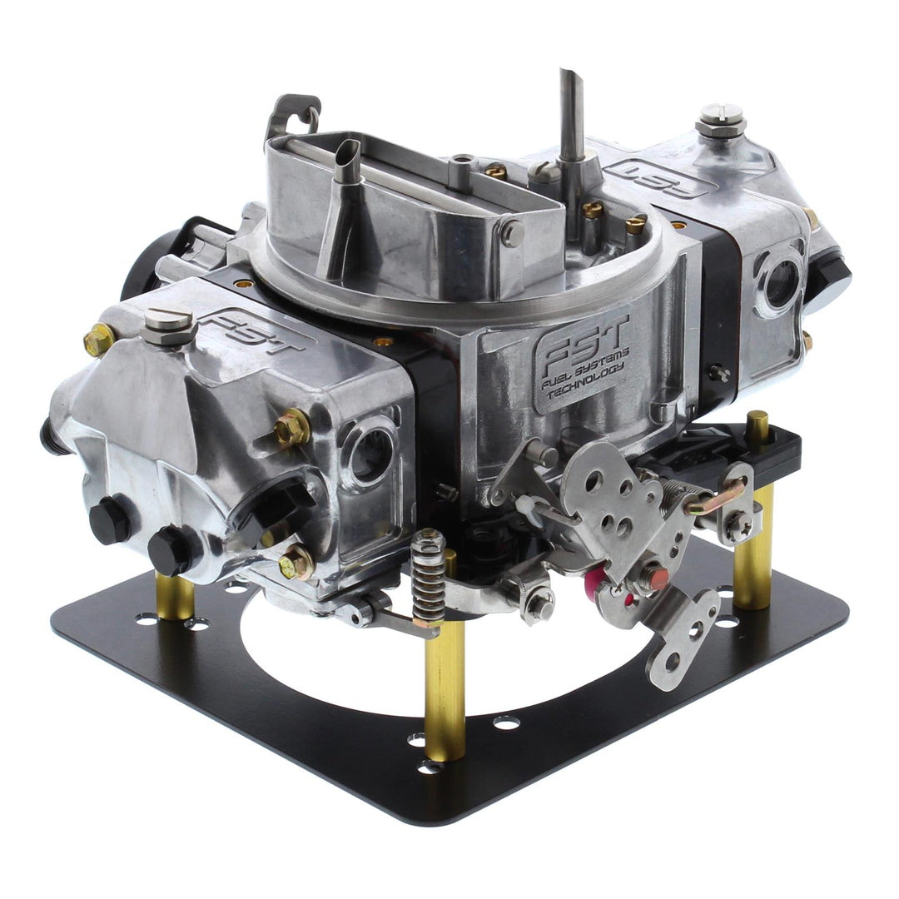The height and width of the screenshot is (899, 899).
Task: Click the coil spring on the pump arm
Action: pyautogui.click(x=429, y=578)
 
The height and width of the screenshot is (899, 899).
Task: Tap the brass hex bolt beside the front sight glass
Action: pyautogui.click(x=293, y=428)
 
